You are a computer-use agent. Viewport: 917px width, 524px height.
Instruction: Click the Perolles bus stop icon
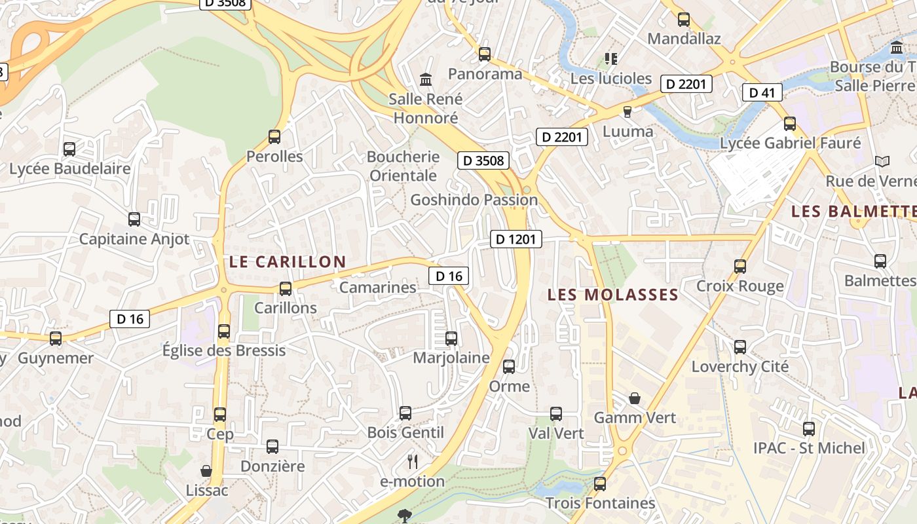tap(274, 137)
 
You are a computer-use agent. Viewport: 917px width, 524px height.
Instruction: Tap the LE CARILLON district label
tap(288, 262)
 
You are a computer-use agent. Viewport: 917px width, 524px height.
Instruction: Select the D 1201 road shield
tap(516, 239)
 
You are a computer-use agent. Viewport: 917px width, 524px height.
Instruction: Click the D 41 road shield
tap(762, 92)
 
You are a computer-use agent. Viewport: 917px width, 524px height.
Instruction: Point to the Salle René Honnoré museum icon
tap(426, 80)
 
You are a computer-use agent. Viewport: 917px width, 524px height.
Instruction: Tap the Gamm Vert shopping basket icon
tap(635, 398)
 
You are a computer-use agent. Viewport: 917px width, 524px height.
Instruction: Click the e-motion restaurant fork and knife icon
tap(413, 462)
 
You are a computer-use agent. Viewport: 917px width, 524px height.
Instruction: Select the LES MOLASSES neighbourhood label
tap(613, 295)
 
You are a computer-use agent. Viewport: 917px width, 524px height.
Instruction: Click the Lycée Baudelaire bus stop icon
tap(69, 149)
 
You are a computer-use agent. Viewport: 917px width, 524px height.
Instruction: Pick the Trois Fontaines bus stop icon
tap(600, 484)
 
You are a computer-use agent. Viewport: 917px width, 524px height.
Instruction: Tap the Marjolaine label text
tap(451, 358)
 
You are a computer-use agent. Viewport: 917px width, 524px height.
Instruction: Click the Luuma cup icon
tap(627, 112)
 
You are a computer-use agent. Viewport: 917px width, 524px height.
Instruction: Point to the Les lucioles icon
tap(611, 59)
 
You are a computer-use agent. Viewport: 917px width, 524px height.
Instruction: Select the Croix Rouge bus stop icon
tap(740, 267)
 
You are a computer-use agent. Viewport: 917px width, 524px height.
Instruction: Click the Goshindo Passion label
tap(474, 200)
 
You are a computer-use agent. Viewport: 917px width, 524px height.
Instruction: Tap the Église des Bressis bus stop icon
tap(224, 331)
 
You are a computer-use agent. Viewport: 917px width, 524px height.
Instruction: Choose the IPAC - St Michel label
tap(809, 448)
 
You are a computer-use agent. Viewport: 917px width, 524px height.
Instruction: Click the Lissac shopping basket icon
tap(206, 471)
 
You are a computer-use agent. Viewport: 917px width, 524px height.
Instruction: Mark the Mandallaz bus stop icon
tap(684, 20)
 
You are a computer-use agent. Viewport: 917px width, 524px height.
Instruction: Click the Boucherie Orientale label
tap(403, 166)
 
